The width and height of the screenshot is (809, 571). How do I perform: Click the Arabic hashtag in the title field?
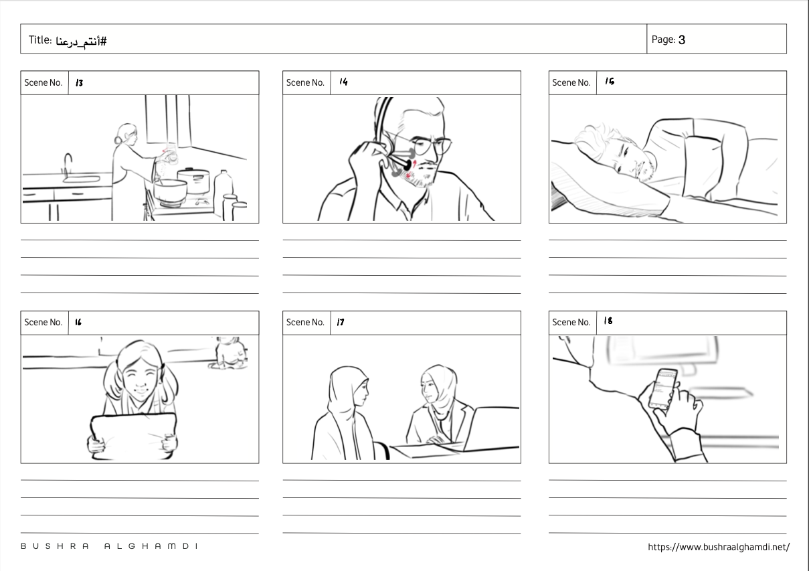81,42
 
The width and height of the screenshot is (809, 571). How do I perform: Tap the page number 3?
681,39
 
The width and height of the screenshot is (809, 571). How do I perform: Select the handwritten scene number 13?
80,83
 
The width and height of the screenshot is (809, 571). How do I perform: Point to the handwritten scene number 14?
343,82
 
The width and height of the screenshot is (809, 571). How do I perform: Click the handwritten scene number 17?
341,322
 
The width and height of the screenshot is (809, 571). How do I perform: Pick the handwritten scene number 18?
608,321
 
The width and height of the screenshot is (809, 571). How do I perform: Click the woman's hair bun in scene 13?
118,140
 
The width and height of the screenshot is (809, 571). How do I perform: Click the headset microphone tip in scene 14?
407,165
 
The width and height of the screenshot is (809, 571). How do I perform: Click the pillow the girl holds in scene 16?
134,436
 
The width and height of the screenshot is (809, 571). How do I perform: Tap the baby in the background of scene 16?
228,353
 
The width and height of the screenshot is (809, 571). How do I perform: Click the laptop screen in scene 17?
492,428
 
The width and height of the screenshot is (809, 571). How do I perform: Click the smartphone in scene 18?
662,389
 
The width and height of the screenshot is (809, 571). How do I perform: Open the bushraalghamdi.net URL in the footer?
719,547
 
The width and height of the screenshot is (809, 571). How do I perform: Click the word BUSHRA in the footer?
54,546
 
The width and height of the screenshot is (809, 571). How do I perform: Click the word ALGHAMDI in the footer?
151,546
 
